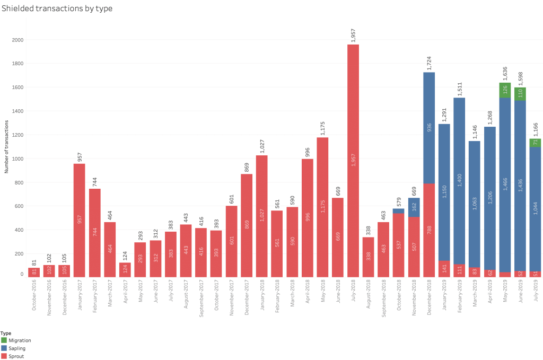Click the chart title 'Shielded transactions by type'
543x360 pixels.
[x=57, y=8]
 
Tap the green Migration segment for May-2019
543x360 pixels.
[x=505, y=90]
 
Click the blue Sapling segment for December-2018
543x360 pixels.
[x=429, y=128]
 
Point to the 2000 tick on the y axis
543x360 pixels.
[x=18, y=40]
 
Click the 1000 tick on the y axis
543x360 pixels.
[x=18, y=159]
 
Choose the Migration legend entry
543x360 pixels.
[x=16, y=340]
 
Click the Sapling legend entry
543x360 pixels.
[x=15, y=348]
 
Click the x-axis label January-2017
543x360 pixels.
[x=80, y=298]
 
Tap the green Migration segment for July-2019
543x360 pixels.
[x=535, y=143]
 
